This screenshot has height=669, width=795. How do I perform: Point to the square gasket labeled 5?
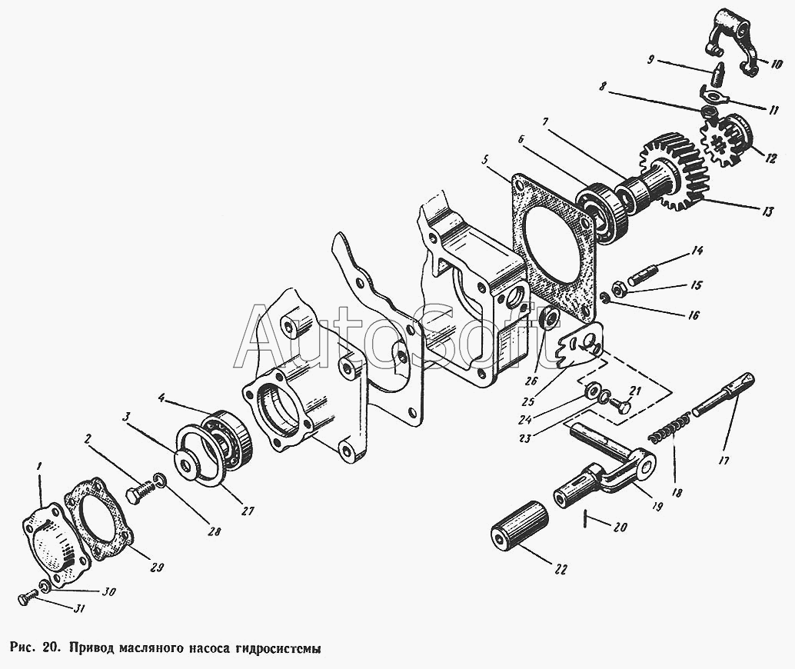coord(554,239)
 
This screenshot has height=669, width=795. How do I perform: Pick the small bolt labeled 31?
coord(28,597)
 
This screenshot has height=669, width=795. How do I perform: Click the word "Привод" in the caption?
coord(92,648)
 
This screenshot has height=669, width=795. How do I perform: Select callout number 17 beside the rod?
coord(723,461)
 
